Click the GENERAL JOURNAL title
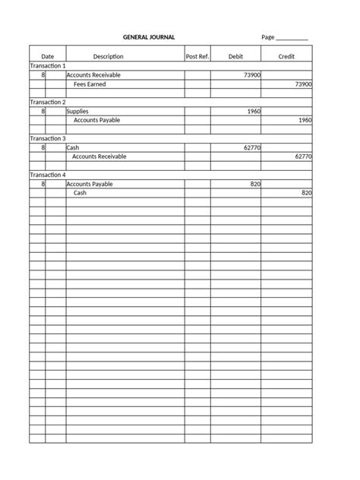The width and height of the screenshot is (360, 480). [x=149, y=36]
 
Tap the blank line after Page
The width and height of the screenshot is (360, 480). [x=292, y=38]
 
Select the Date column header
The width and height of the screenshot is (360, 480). [x=47, y=56]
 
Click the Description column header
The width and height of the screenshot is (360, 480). [x=108, y=56]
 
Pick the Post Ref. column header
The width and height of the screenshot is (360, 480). [x=197, y=56]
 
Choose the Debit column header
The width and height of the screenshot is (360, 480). [x=235, y=56]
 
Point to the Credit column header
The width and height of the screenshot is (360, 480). [x=286, y=56]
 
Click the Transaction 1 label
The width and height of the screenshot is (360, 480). [x=48, y=66]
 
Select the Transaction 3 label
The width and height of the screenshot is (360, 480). [x=48, y=138]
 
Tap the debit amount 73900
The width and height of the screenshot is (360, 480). [x=252, y=75]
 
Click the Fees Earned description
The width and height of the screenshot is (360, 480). [x=90, y=84]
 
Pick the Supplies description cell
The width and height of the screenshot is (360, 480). [x=77, y=112]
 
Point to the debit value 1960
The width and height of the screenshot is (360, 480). [x=254, y=112]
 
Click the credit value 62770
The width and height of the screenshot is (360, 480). [x=303, y=156]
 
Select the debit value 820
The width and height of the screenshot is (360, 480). [x=255, y=184]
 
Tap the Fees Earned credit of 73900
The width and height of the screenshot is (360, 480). [x=303, y=84]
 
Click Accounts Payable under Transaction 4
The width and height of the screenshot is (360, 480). [x=90, y=184]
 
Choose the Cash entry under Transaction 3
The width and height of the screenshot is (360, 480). [x=74, y=147]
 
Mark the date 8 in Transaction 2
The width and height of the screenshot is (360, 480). [x=43, y=112]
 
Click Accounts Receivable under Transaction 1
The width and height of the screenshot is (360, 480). [x=93, y=75]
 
